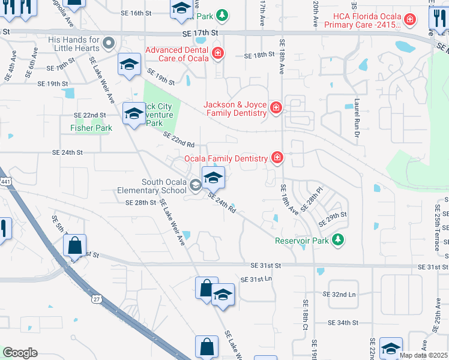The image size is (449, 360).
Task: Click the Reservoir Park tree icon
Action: [x=339, y=240]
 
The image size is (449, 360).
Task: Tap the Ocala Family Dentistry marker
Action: [x=277, y=158]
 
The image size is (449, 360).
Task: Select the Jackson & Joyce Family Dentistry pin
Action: [x=276, y=108]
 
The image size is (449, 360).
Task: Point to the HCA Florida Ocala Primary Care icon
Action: [x=409, y=20]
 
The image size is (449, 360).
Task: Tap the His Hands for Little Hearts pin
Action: [x=109, y=43]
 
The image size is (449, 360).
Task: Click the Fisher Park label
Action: [x=91, y=128]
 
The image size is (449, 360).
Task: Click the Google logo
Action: [x=20, y=353]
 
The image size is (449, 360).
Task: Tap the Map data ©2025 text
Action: [x=423, y=355]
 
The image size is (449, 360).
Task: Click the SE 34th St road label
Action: [x=343, y=322]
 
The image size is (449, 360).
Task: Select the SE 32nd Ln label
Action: [x=339, y=295]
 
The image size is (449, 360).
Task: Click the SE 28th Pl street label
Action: [x=312, y=199]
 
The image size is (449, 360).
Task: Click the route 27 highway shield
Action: [x=96, y=298]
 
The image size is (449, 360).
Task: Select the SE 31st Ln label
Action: [x=256, y=280]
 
